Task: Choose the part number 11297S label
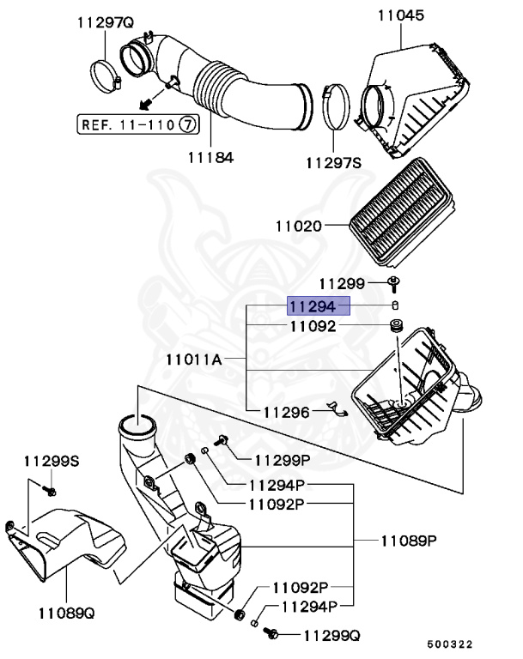pos(335,161)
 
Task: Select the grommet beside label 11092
pos(397,327)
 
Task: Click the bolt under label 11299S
pos(49,491)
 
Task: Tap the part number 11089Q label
pos(65,614)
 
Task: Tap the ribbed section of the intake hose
pos(215,93)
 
